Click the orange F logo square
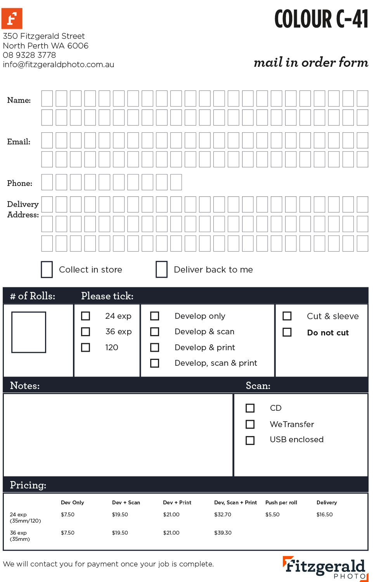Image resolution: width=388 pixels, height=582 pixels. (x=12, y=18)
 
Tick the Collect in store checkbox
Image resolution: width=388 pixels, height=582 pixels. (x=47, y=269)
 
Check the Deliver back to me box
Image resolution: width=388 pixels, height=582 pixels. (x=161, y=269)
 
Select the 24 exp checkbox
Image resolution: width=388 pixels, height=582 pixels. (x=85, y=316)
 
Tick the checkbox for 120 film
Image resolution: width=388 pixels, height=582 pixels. (x=85, y=347)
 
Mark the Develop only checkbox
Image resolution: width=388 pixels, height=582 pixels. (x=154, y=316)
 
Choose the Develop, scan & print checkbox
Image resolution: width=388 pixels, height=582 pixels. (x=154, y=363)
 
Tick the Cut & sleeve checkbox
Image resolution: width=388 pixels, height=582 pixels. (x=287, y=316)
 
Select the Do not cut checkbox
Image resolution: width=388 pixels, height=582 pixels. (x=287, y=332)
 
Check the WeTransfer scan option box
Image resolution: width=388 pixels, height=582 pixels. (x=250, y=424)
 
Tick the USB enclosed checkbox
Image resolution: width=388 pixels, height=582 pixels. (x=250, y=440)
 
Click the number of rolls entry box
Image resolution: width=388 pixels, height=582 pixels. (x=29, y=332)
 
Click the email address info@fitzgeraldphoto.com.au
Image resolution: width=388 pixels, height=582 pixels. (x=59, y=64)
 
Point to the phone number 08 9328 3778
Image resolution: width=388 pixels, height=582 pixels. (x=29, y=55)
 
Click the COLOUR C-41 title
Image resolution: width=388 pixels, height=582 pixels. (x=321, y=19)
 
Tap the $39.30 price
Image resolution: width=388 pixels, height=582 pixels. (x=223, y=533)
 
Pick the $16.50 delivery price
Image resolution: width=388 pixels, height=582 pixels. (x=324, y=514)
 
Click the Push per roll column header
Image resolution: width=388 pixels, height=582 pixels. (x=281, y=502)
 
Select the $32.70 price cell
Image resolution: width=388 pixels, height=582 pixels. (x=223, y=514)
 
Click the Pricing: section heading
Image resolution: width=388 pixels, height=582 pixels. (x=28, y=485)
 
